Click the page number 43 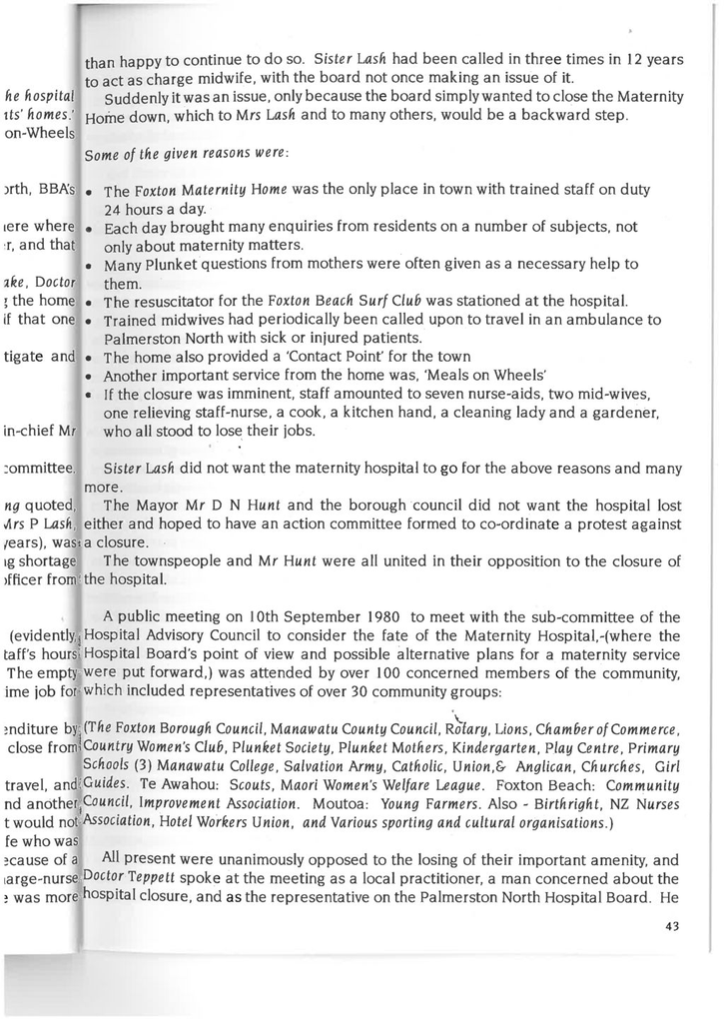point(671,925)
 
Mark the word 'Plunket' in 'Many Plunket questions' point(170,265)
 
